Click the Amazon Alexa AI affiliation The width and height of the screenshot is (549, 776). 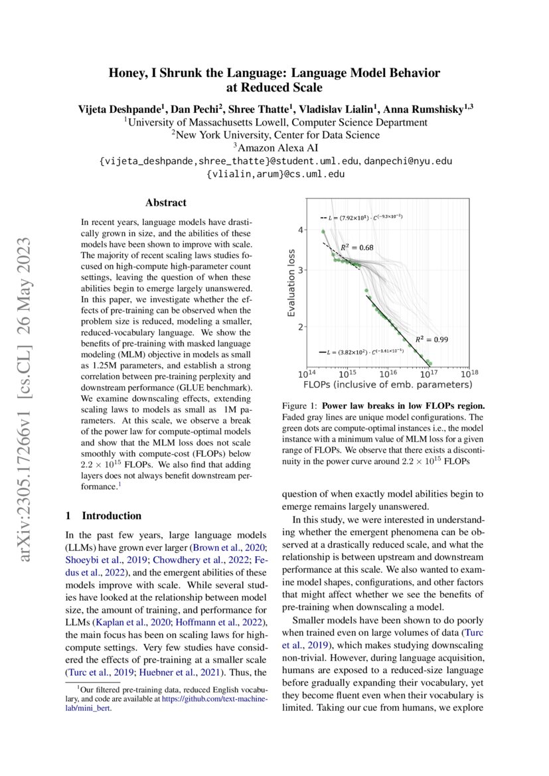tap(274, 147)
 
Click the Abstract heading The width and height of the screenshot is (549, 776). tap(166, 202)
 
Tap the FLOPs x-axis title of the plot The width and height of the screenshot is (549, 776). tap(388, 384)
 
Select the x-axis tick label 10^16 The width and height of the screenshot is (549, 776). tap(388, 373)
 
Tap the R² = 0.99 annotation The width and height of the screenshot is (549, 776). tap(431, 339)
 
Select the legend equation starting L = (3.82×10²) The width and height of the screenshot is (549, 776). tap(365, 351)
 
